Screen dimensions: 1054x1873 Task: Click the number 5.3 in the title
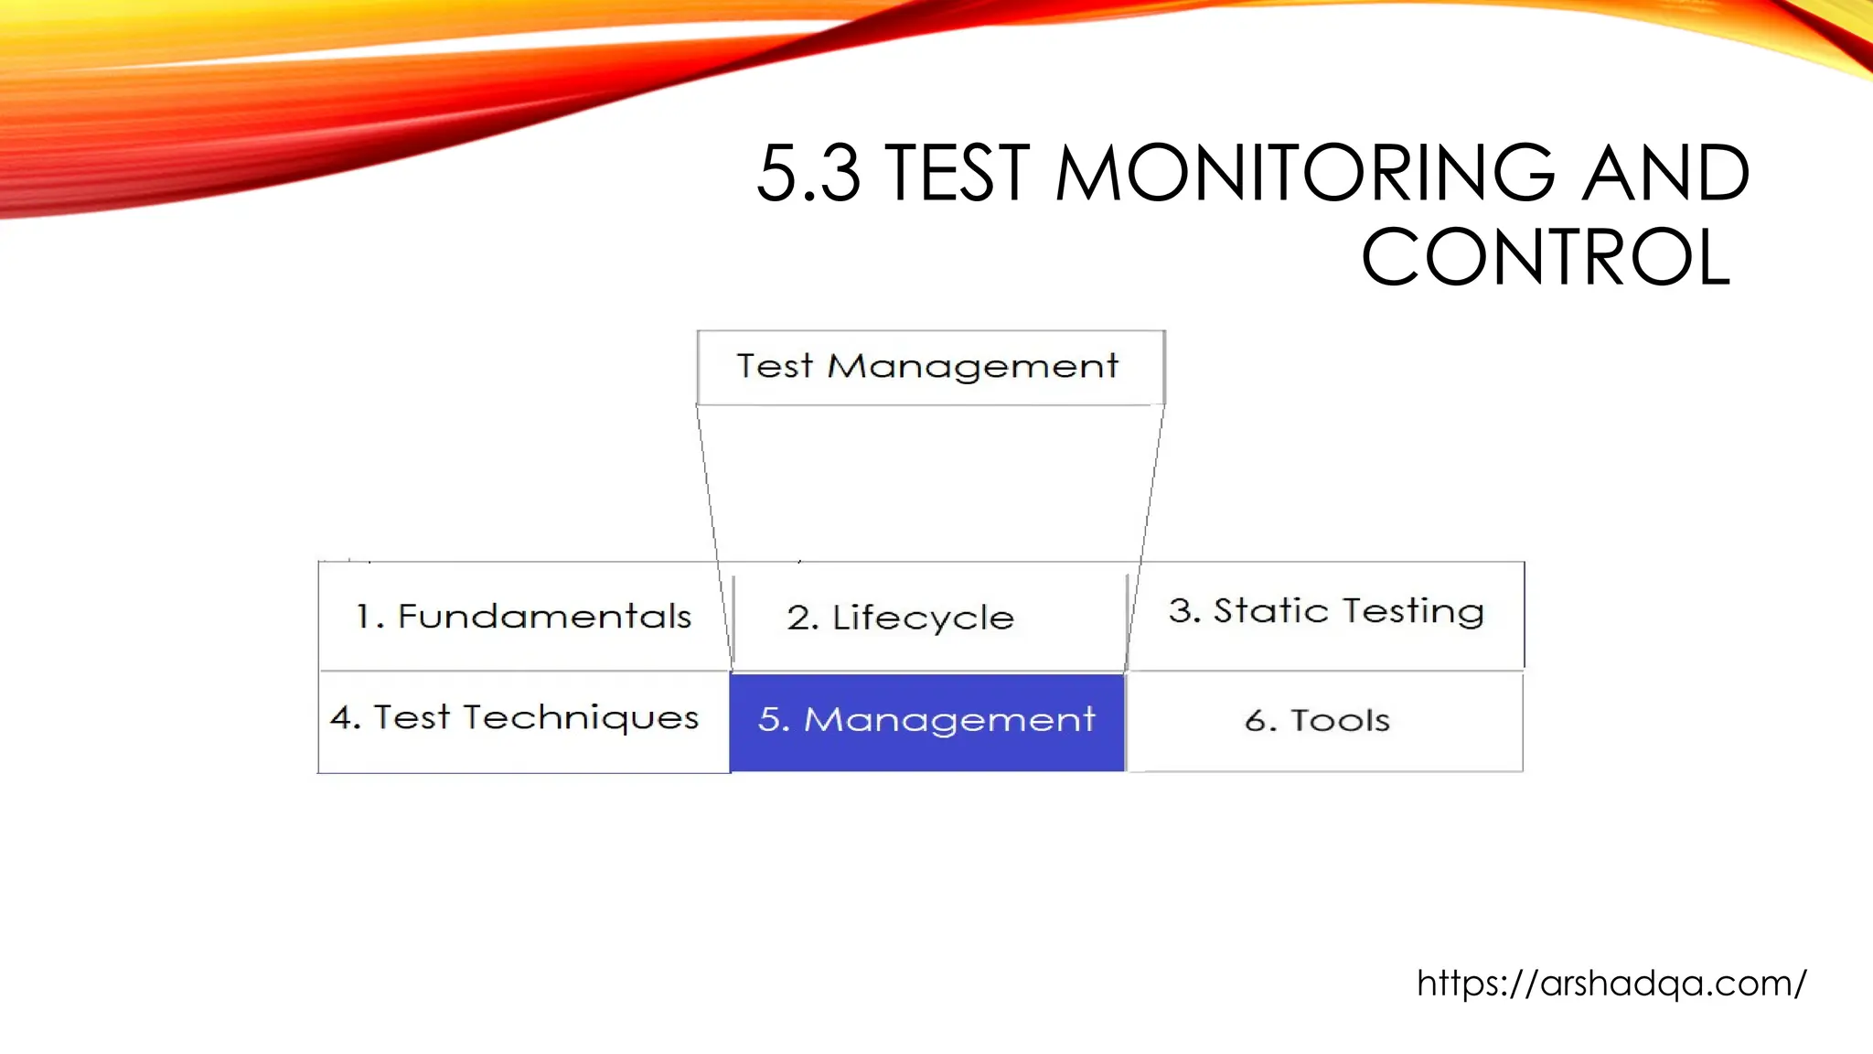[808, 174]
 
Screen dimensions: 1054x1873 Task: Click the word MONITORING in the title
[1304, 174]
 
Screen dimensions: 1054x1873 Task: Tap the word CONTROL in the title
[1546, 259]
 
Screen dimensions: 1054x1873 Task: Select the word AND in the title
[1665, 174]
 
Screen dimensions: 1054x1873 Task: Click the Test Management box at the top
[930, 367]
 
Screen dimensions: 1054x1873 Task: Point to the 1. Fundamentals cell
[523, 616]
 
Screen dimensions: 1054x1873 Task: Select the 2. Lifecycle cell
[928, 618]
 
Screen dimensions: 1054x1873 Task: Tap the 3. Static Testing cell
[1326, 611]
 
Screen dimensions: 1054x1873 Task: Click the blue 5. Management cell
[926, 721]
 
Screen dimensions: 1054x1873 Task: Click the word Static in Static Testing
[1270, 611]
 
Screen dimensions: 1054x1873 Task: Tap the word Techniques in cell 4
[581, 718]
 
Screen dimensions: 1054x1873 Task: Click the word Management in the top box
[972, 367]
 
